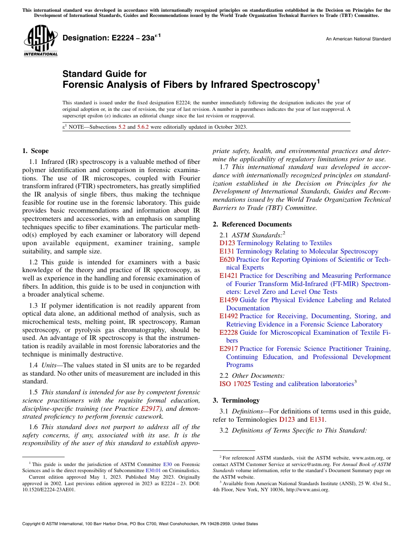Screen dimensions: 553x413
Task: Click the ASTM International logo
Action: pos(40,41)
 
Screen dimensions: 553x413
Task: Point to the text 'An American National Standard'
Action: pos(358,39)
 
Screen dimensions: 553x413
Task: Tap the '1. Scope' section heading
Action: pos(36,151)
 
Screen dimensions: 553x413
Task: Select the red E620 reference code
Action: pos(227,260)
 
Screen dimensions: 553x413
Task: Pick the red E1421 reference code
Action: pos(229,276)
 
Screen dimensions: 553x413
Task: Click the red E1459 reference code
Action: pos(229,300)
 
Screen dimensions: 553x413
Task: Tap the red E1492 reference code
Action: pos(229,316)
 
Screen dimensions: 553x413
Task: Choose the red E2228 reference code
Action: pos(229,333)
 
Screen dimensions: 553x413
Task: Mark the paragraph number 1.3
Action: pos(34,306)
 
